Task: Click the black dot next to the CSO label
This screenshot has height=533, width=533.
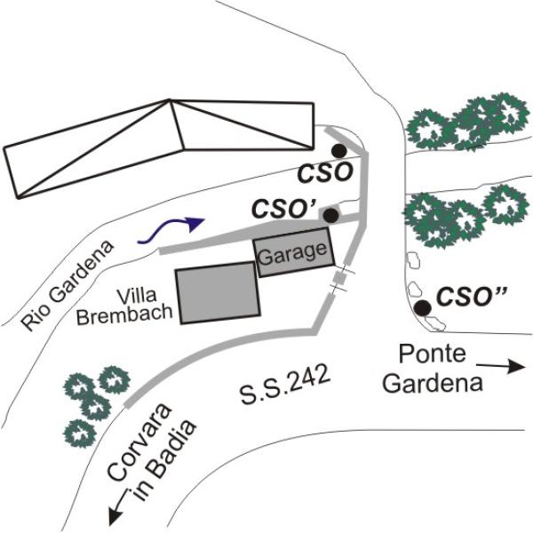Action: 338,152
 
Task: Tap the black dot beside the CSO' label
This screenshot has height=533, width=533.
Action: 330,215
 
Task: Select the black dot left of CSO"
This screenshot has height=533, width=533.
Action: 423,307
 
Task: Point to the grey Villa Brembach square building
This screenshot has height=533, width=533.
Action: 218,293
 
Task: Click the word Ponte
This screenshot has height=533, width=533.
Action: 432,354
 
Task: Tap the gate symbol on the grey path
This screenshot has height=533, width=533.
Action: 339,281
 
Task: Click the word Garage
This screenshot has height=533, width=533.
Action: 292,252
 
